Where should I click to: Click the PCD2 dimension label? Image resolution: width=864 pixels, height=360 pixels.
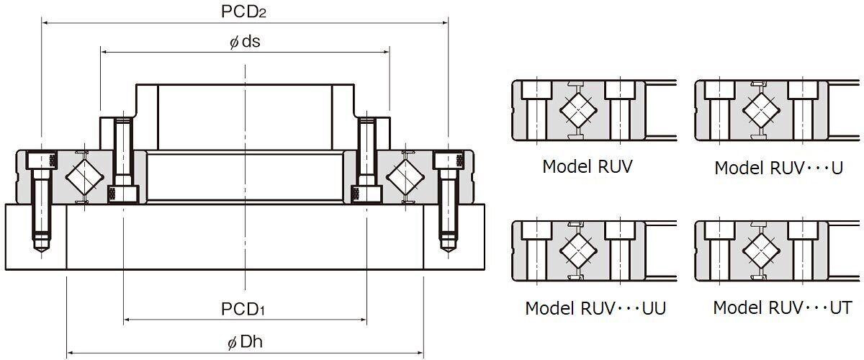(x=246, y=12)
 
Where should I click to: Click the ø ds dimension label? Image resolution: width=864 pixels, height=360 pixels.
(x=244, y=41)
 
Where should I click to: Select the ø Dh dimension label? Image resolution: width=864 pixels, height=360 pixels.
(x=246, y=342)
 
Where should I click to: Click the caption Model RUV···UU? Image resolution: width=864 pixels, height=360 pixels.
(x=595, y=308)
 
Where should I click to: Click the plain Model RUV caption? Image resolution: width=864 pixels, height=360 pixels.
(x=587, y=167)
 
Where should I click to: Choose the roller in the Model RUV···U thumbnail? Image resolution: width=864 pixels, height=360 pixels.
(x=762, y=110)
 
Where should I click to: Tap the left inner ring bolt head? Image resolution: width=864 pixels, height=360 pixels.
(x=123, y=193)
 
